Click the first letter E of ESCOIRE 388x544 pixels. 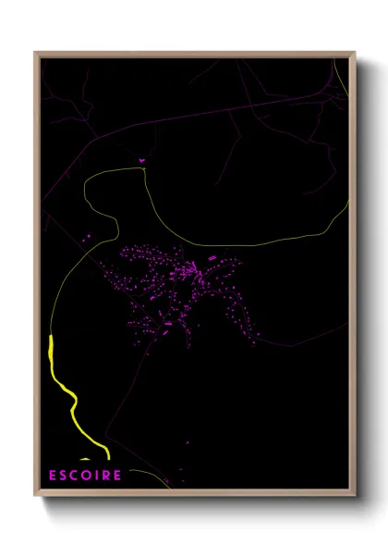54,476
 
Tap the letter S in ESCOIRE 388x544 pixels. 65,476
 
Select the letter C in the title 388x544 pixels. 77,476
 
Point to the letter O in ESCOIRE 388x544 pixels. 89,476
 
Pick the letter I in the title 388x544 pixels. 98,476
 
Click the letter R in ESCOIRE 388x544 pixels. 106,476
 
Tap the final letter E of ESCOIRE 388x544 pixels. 117,476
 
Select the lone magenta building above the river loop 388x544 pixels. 142,161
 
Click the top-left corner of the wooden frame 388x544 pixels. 36,54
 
